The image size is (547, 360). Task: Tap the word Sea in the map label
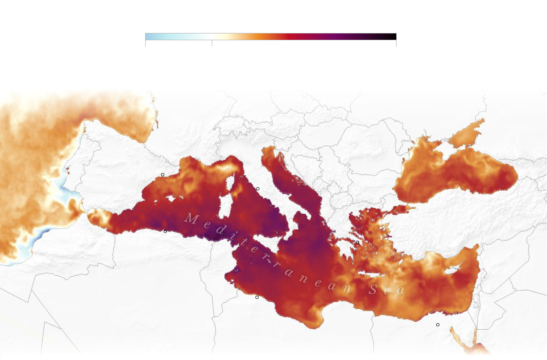pos(387,290)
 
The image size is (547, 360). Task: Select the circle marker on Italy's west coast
pos(258,189)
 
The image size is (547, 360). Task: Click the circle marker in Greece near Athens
pos(357,242)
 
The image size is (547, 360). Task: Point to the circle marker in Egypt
pos(438,325)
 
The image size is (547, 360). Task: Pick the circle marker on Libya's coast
pos(257,297)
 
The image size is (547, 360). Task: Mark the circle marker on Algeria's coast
pos(165,231)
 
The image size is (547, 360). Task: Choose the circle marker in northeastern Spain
pos(162,174)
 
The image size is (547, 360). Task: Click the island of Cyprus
pos(451,269)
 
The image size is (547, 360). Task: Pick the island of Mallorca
pos(171,199)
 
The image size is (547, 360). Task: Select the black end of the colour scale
pos(393,36)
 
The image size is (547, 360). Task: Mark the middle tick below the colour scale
pos(212,43)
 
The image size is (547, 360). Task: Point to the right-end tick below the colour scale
pos(396,43)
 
